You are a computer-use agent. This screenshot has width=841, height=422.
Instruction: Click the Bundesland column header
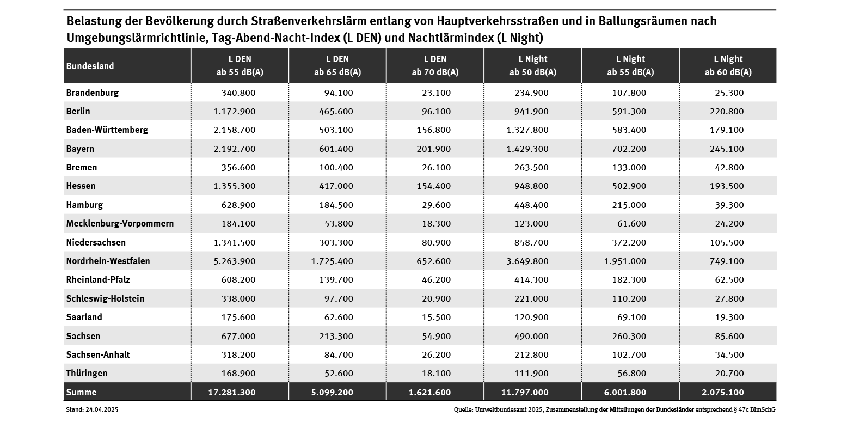pyautogui.click(x=90, y=66)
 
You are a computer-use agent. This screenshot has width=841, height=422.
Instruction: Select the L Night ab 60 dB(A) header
pyautogui.click(x=728, y=65)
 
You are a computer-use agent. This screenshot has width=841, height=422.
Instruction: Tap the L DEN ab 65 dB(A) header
pyautogui.click(x=337, y=65)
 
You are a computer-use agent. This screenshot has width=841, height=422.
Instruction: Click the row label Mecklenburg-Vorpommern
pyautogui.click(x=120, y=224)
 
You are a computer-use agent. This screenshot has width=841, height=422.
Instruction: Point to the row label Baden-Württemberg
pyautogui.click(x=107, y=130)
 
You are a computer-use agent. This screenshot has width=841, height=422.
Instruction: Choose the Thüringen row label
pyautogui.click(x=87, y=374)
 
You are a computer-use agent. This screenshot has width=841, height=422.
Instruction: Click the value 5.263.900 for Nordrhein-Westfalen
pyautogui.click(x=232, y=261)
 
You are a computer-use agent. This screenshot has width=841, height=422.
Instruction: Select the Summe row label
pyautogui.click(x=81, y=392)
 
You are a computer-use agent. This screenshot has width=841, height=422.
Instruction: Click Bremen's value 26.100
pyautogui.click(x=436, y=168)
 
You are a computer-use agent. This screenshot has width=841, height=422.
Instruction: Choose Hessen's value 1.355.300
pyautogui.click(x=232, y=186)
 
